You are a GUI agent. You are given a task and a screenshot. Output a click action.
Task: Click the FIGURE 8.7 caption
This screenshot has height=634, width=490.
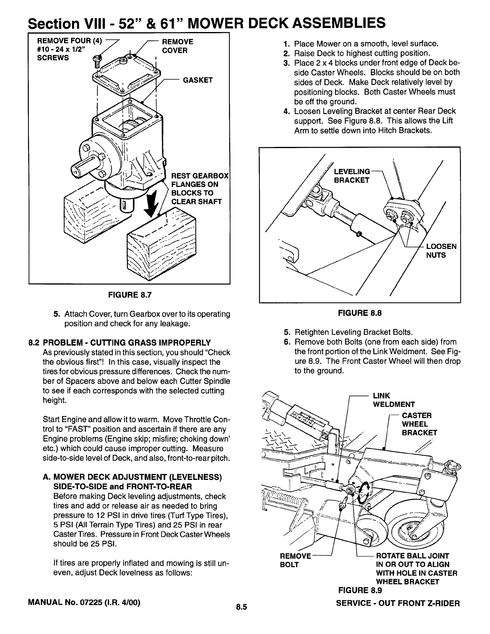[x=129, y=295]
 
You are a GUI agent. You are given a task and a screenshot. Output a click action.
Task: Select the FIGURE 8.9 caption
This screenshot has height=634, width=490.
[x=360, y=590]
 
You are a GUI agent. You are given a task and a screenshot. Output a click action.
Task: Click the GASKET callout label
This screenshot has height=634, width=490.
[x=198, y=80]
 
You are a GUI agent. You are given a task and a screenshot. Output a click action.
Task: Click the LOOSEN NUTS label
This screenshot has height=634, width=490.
[x=441, y=251]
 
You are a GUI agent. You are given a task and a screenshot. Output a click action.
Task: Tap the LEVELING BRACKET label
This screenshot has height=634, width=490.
[x=352, y=176]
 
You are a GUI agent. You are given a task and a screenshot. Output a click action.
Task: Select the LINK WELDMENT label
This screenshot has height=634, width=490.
[x=394, y=400]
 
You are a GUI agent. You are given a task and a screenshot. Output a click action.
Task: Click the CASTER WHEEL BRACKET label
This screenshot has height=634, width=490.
[x=419, y=424]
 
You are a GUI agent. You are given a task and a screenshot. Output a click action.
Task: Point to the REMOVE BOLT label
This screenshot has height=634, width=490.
[x=295, y=560]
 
